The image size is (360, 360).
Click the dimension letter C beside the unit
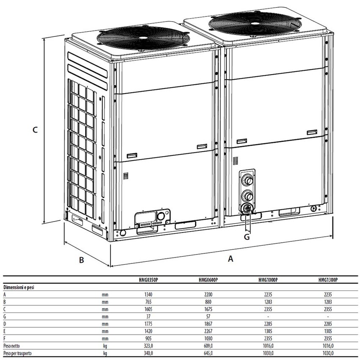click(35, 130)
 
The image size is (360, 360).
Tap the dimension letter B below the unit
click(81, 260)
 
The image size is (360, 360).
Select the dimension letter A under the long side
click(230, 259)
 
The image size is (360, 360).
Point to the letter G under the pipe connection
click(247, 237)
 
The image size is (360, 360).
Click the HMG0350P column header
click(149, 280)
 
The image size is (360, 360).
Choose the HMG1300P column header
click(328, 280)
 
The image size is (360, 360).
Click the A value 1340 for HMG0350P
click(148, 295)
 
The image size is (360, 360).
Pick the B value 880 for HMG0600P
click(208, 302)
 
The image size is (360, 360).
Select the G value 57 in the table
click(208, 317)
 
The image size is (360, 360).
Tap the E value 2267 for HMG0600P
click(208, 331)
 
